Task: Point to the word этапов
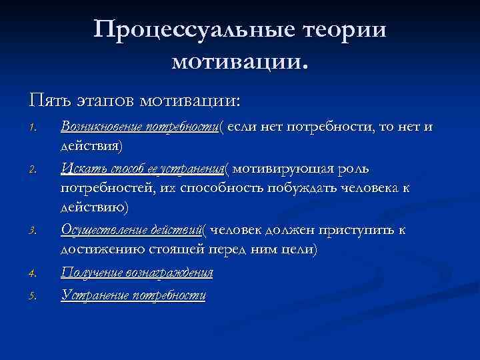tap(102, 101)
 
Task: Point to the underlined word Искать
tap(78, 169)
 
